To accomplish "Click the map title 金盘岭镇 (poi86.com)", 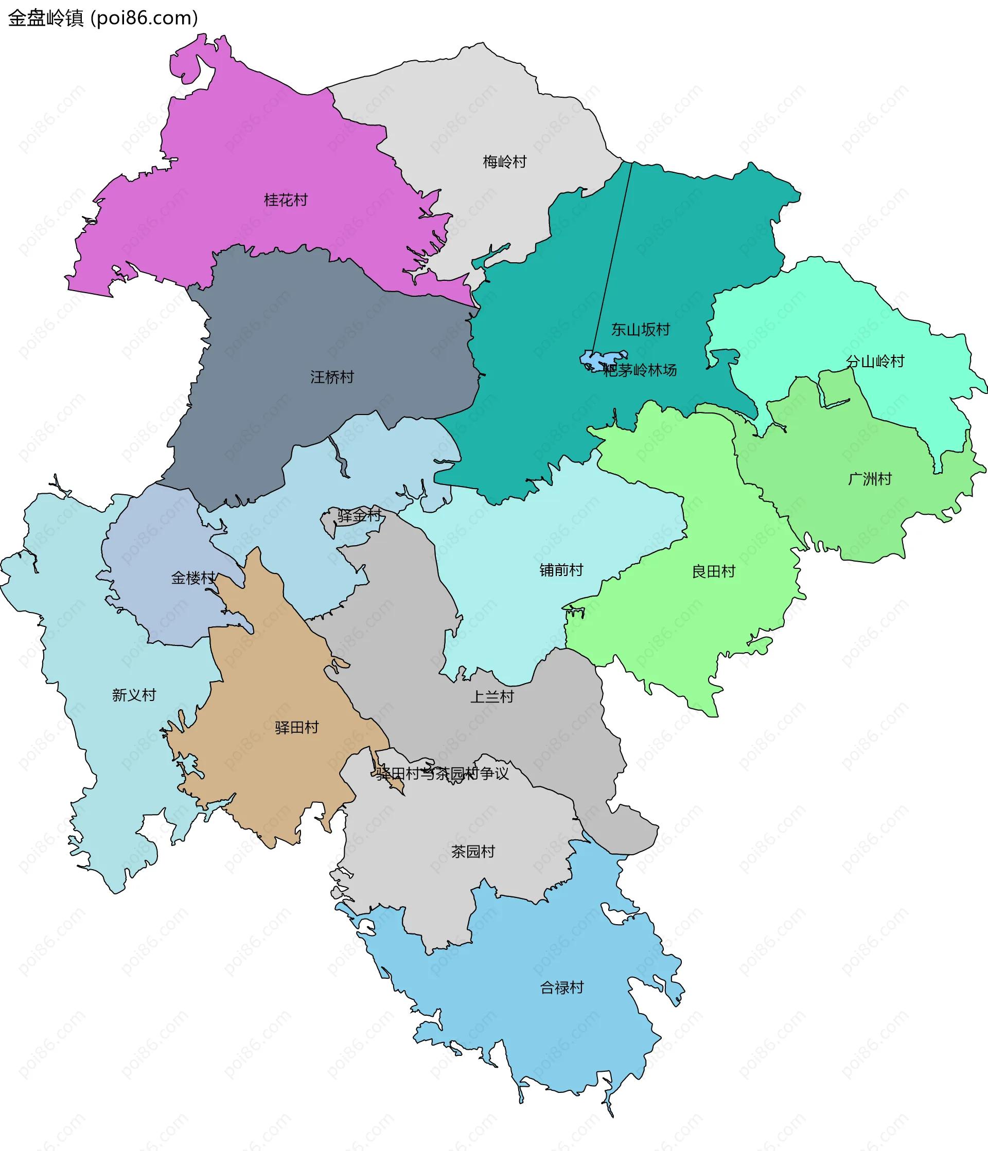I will [x=103, y=18].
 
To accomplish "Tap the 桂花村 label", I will [x=286, y=200].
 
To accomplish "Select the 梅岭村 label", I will [x=505, y=161].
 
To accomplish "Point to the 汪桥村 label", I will [x=332, y=377].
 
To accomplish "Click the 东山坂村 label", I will [x=640, y=330].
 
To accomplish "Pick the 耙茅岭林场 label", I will [x=640, y=370].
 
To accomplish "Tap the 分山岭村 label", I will [x=875, y=361].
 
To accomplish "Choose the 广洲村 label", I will [x=870, y=479].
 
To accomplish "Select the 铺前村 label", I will [x=561, y=570].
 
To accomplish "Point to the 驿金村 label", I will [x=360, y=515].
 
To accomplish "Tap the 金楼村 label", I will [x=193, y=578].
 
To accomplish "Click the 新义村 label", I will [x=134, y=695].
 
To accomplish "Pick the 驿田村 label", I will [x=297, y=727].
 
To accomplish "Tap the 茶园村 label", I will [x=473, y=852].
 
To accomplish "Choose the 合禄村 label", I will [x=562, y=987].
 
